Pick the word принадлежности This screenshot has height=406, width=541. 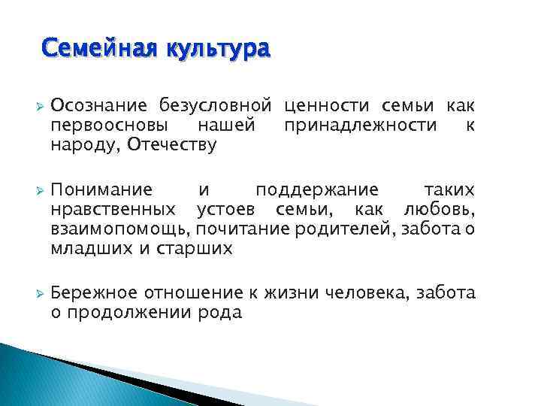[x=361, y=124]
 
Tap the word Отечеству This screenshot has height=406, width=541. [x=172, y=144]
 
